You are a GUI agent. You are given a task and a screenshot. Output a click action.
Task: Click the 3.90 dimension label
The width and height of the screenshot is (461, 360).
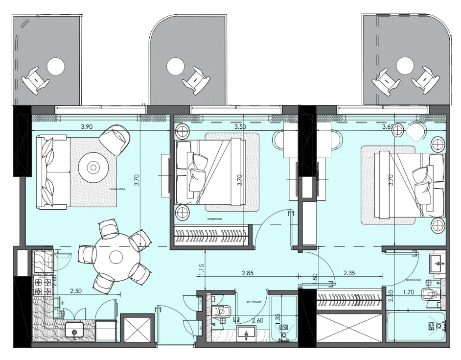pyautogui.click(x=87, y=126)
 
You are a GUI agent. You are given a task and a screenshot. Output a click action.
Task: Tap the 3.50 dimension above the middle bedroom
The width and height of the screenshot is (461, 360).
pyautogui.click(x=240, y=126)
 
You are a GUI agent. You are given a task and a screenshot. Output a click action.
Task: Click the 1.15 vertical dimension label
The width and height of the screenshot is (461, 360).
pyautogui.click(x=202, y=269)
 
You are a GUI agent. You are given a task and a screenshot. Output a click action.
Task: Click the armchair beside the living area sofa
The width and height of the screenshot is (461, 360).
pyautogui.click(x=115, y=139)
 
